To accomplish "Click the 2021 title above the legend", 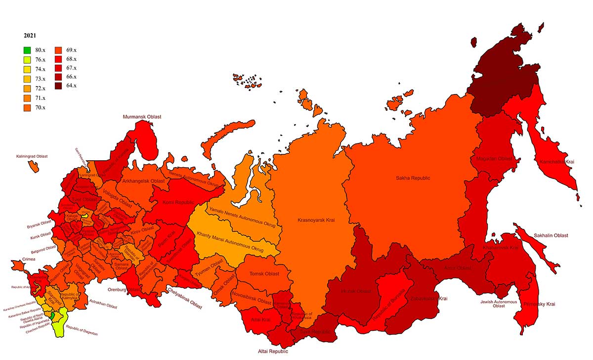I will (x=30, y=36).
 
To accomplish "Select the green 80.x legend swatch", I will (x=28, y=50).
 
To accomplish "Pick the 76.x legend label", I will (x=41, y=59).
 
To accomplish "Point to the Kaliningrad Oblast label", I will (x=32, y=156).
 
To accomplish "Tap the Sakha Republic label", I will (x=413, y=178).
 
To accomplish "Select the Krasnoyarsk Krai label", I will (x=316, y=220).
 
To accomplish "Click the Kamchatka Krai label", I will (x=556, y=162).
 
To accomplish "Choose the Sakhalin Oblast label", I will (x=551, y=235).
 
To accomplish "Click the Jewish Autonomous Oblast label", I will (x=499, y=304).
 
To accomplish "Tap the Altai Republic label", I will (x=273, y=352).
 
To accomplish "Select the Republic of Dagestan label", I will (x=82, y=331).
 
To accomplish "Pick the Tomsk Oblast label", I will (x=264, y=273).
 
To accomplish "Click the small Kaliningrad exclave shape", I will (x=34, y=166).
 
